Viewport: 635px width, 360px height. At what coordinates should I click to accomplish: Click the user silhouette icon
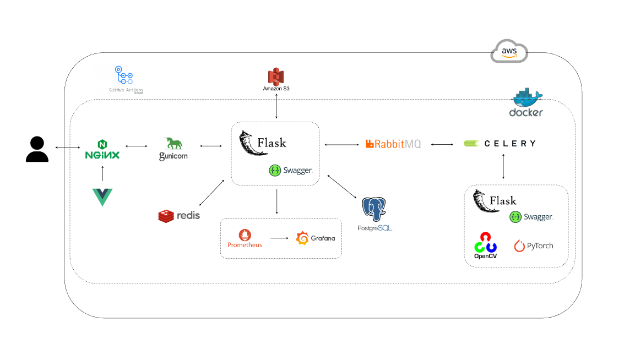click(37, 149)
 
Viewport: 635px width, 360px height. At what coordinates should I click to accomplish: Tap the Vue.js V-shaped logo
click(102, 197)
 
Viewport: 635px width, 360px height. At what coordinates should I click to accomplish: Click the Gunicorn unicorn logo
click(173, 148)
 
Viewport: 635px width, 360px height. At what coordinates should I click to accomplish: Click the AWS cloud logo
click(509, 51)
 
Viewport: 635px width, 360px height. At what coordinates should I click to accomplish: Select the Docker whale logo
click(526, 102)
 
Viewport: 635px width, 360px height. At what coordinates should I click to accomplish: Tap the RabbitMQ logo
click(393, 144)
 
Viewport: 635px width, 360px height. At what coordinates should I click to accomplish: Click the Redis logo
click(179, 216)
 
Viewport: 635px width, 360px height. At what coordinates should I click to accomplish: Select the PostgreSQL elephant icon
click(374, 210)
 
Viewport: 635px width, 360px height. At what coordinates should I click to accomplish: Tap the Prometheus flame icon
click(245, 234)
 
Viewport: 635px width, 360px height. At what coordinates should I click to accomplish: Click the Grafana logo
click(316, 238)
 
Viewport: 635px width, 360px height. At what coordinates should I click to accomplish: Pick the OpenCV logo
click(485, 245)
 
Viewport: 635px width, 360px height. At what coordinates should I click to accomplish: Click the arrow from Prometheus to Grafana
click(279, 238)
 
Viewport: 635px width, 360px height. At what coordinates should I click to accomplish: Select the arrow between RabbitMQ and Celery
click(442, 144)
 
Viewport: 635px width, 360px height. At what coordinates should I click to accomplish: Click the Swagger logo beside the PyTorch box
click(531, 217)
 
